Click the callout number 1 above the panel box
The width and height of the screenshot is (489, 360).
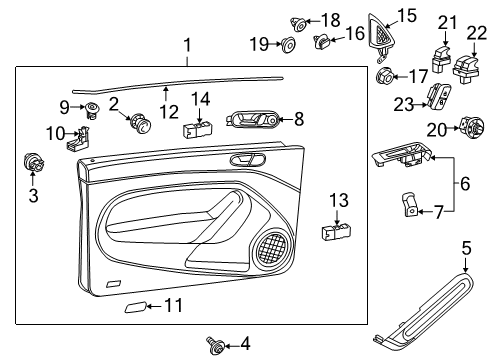point(188,45)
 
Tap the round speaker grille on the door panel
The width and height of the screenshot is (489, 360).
point(273,247)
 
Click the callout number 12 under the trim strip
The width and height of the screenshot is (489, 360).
point(169,112)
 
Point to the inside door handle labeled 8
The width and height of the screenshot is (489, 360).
point(254,119)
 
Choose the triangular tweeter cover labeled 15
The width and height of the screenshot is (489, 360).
point(381,37)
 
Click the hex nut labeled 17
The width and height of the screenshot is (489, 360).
point(385,76)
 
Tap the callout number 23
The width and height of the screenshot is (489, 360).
point(404,105)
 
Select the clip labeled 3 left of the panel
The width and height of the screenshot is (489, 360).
point(34,162)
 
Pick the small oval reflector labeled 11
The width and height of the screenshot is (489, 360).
point(136,307)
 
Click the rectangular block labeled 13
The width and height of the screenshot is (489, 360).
point(336,232)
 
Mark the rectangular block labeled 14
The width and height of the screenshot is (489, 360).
point(198,129)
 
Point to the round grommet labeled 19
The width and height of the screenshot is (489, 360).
point(288,45)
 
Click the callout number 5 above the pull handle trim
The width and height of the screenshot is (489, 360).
point(466,248)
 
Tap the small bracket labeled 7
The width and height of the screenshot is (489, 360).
point(409,204)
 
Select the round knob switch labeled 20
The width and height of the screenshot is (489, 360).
point(470,128)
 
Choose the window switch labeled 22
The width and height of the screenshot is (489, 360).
point(466,69)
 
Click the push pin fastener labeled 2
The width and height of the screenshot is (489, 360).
point(140,123)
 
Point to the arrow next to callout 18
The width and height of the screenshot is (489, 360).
point(313,21)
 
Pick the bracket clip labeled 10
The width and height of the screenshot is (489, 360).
point(79,139)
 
